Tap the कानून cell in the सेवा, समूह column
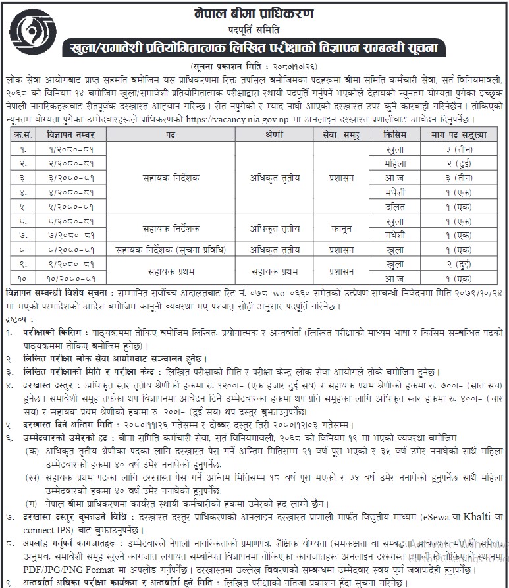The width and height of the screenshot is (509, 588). pos(342,228)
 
